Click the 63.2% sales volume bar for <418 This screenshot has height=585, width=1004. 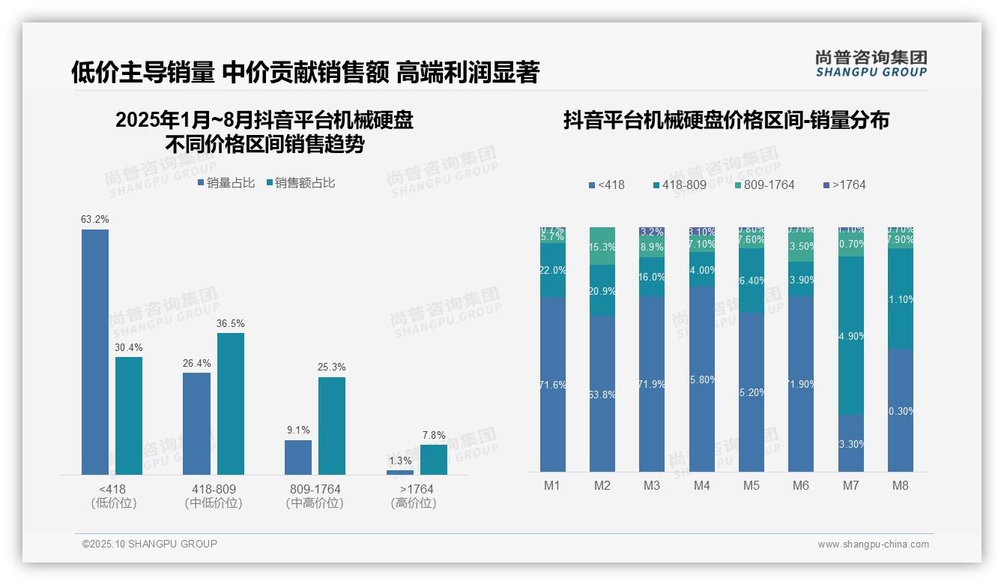pos(95,352)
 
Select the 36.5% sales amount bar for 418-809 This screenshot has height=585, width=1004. pos(231,403)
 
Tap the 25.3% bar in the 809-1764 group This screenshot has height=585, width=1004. pos(332,425)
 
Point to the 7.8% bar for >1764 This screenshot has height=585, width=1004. pos(433,459)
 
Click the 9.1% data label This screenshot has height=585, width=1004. pos(297,430)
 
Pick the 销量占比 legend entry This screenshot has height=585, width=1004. pos(226,182)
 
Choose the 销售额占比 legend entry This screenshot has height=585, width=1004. pos(300,182)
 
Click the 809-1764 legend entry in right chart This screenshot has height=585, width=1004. pos(763,184)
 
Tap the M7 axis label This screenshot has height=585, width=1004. pos(850,485)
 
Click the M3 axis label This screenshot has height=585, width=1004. pos(652,485)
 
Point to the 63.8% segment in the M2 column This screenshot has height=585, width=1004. pos(602,394)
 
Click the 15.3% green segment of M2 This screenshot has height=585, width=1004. pos(602,246)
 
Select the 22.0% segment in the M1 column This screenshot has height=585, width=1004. pos(553,270)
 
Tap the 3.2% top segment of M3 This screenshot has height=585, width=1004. pos(652,232)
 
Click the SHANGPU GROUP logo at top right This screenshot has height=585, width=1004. pos(871,63)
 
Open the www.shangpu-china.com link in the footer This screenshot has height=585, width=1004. pos(873,544)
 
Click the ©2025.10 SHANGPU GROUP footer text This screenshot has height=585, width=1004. pos(150,544)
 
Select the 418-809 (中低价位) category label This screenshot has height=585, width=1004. pos(214,496)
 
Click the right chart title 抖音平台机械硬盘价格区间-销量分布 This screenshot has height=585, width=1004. pos(726,120)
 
